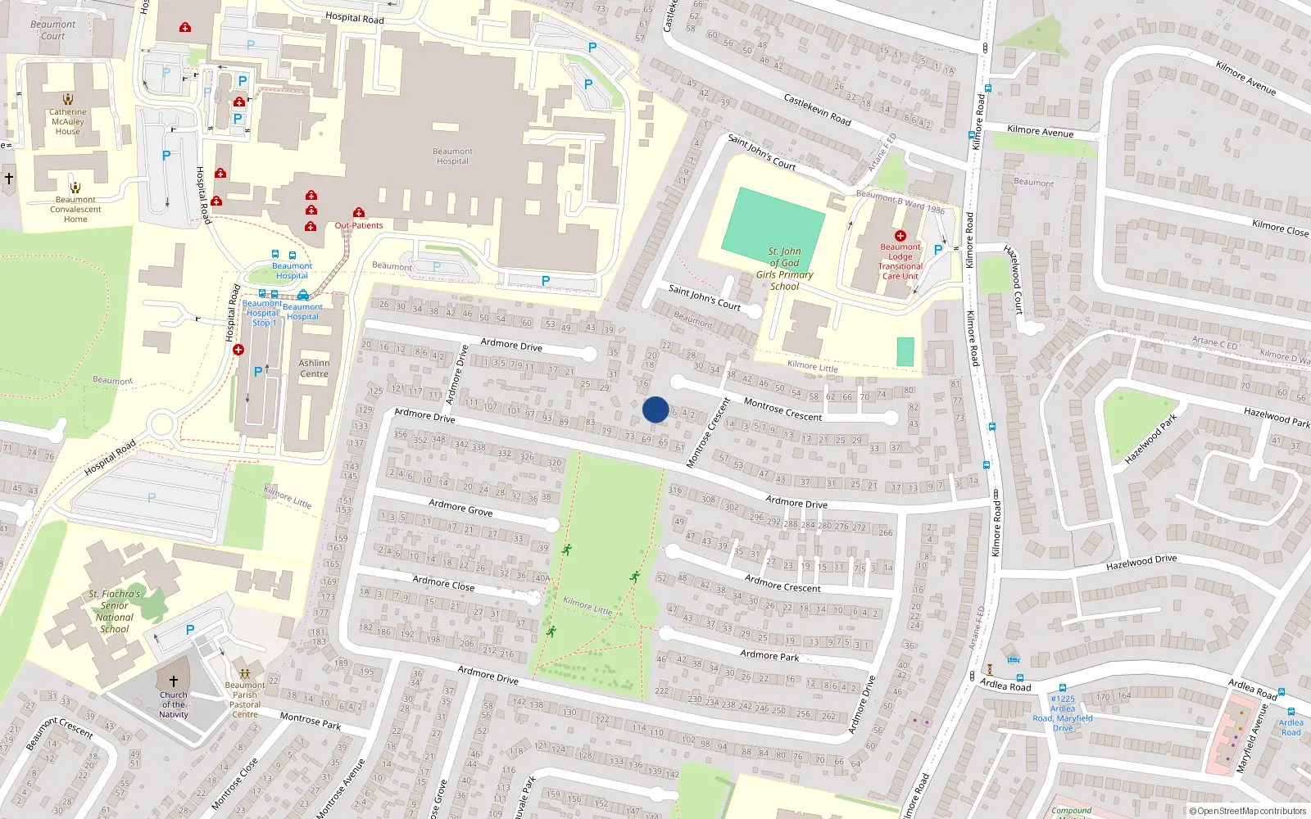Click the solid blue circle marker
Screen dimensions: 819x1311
(655, 409)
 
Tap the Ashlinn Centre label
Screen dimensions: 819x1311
(314, 369)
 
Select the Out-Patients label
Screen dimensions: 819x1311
(359, 225)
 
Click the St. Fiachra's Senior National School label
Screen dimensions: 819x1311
(115, 612)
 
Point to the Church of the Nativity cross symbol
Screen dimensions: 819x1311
(174, 681)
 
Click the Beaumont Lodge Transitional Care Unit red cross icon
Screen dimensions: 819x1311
(900, 236)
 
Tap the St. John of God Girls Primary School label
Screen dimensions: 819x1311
(784, 269)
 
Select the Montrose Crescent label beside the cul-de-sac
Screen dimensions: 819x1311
(783, 409)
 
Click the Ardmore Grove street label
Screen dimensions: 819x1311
(460, 508)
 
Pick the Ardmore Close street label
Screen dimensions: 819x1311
(443, 583)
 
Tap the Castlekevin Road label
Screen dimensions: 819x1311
(817, 109)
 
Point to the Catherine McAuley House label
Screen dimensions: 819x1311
(68, 121)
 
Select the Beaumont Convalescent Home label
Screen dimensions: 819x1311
(75, 210)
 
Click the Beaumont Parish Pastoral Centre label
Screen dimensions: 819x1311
(245, 700)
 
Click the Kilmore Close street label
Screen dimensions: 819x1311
(1280, 228)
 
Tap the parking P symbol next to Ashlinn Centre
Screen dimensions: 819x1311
(258, 372)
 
